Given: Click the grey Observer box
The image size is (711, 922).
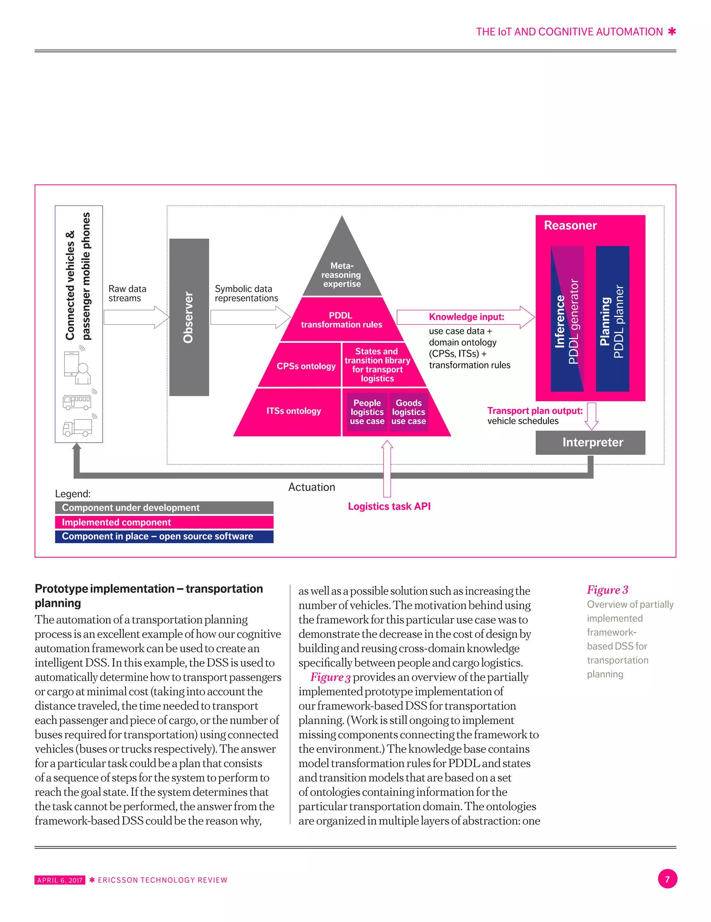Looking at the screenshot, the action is pyautogui.click(x=189, y=317).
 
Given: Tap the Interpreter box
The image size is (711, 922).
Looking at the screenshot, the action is pyautogui.click(x=590, y=442).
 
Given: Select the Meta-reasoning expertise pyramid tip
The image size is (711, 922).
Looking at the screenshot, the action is pyautogui.click(x=342, y=270).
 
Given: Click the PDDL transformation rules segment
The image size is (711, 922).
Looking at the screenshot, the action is pyautogui.click(x=341, y=320).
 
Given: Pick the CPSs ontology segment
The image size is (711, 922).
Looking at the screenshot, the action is pyautogui.click(x=306, y=366).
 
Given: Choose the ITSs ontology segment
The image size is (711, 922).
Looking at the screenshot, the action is pyautogui.click(x=293, y=411).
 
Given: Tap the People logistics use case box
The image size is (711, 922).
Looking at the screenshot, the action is pyautogui.click(x=367, y=412).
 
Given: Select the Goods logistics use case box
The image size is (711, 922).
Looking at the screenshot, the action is pyautogui.click(x=408, y=412).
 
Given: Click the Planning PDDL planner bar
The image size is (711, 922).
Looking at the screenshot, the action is pyautogui.click(x=612, y=319).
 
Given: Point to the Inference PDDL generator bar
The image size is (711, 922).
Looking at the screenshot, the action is pyautogui.click(x=567, y=319).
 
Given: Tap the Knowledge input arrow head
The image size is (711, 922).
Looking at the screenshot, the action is pyautogui.click(x=527, y=317).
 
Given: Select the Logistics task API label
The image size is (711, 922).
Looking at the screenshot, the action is pyautogui.click(x=389, y=506).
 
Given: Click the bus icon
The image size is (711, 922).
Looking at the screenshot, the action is pyautogui.click(x=77, y=402).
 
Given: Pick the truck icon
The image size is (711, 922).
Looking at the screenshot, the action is pyautogui.click(x=77, y=427).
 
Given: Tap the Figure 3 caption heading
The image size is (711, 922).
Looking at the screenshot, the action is pyautogui.click(x=607, y=590).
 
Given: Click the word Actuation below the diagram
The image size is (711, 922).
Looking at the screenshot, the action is pyautogui.click(x=311, y=487).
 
